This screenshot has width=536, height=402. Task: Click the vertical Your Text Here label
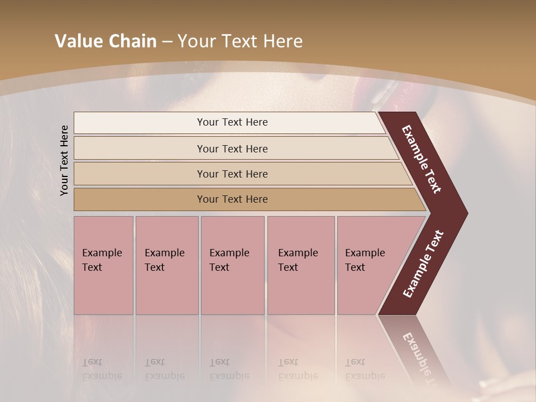[x=64, y=161]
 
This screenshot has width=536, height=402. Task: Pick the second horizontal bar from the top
[x=232, y=149]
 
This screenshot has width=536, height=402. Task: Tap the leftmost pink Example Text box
[x=103, y=265]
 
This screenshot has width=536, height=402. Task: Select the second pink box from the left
[x=167, y=265]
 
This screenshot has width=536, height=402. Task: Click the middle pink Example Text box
[x=232, y=265]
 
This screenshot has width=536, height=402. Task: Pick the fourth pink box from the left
[x=301, y=265]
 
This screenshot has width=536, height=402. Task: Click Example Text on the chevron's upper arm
[x=422, y=160]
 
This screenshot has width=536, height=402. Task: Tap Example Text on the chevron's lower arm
[x=423, y=264]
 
